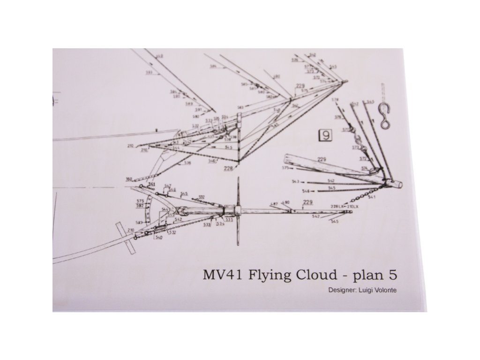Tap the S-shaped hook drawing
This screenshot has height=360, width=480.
pyautogui.click(x=385, y=115)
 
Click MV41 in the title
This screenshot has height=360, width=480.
pyautogui.click(x=219, y=275)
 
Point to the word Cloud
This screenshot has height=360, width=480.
pyautogui.click(x=317, y=275)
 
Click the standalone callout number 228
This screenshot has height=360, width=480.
pyautogui.click(x=228, y=168)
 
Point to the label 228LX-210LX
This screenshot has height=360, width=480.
pyautogui.click(x=345, y=206)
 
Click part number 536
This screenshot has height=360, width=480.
pyautogui.click(x=187, y=163)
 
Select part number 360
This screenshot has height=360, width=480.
pyautogui.click(x=129, y=179)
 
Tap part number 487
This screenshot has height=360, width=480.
pyautogui.click(x=275, y=203)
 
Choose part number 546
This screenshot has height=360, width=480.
pyautogui.click(x=307, y=191)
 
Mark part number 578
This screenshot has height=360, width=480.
pyautogui.click(x=336, y=100)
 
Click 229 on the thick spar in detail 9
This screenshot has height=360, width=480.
pyautogui.click(x=322, y=160)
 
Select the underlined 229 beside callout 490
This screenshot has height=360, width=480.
pyautogui.click(x=307, y=202)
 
